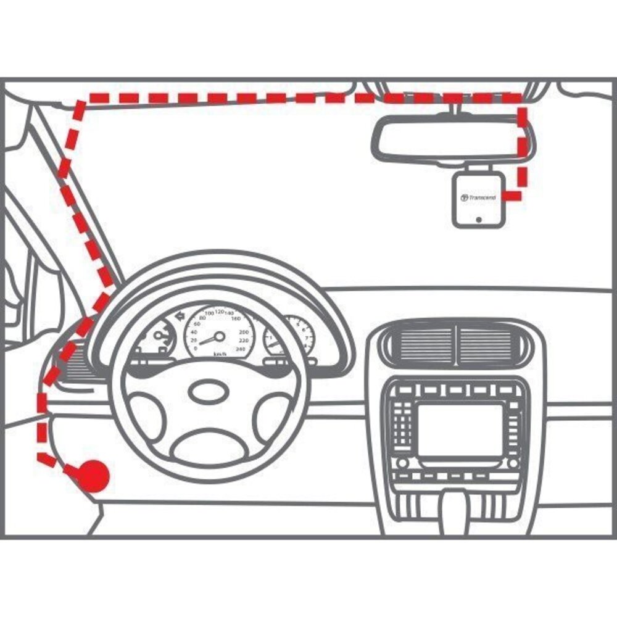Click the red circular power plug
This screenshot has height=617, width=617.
coord(93,474)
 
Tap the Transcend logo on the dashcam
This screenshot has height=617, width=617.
coord(478,197)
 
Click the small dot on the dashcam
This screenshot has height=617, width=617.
coord(478,218)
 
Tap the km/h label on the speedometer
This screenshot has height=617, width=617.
coord(219,354)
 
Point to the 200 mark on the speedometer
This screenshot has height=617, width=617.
coord(243,332)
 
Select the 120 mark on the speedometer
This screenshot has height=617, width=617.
coord(220,312)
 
